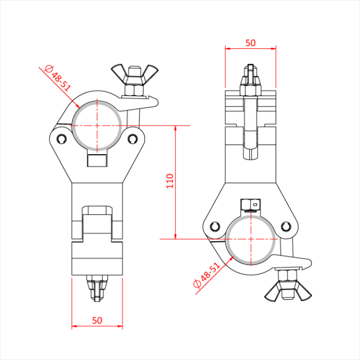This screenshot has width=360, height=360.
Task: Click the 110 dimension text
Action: (170, 181)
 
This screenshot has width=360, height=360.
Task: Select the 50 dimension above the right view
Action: (250, 43)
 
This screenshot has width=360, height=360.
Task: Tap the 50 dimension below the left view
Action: (97, 320)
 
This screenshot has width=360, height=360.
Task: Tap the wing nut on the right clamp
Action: (288, 292)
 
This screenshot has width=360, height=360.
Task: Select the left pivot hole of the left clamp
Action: (62, 138)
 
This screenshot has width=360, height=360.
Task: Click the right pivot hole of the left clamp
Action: (133, 138)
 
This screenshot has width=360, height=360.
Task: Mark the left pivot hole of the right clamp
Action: (214, 226)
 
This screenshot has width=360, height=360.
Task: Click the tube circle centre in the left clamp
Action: (97, 125)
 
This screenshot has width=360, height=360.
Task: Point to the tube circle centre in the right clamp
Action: (250, 239)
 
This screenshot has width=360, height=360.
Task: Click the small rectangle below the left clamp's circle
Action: (97, 160)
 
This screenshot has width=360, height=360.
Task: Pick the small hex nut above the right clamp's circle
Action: (250, 204)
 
